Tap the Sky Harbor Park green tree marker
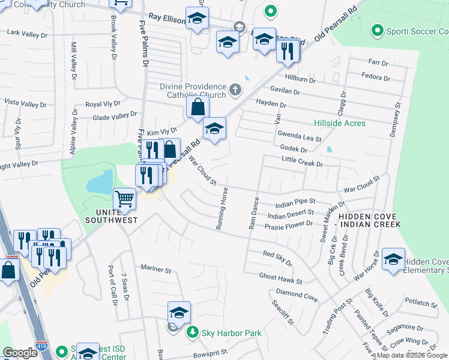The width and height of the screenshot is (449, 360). pyautogui.click(x=192, y=332)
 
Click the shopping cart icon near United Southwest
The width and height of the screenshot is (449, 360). pyautogui.click(x=125, y=198)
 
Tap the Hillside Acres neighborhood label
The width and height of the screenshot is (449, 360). pyautogui.click(x=340, y=123)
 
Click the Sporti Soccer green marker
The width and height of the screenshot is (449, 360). pyautogui.click(x=378, y=29)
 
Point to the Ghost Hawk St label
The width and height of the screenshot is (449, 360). pyautogui.click(x=281, y=277)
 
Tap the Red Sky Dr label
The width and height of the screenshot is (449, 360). pyautogui.click(x=277, y=259)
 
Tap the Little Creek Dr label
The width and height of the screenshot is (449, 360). pyautogui.click(x=303, y=163)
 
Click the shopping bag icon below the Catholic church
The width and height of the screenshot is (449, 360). pyautogui.click(x=197, y=108)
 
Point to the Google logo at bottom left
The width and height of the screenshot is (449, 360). pyautogui.click(x=20, y=353)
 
